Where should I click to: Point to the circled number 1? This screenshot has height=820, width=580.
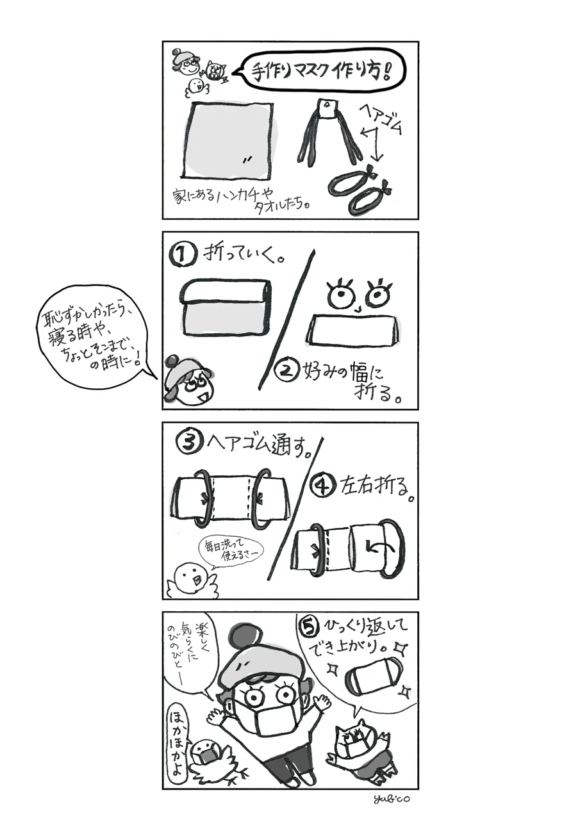[x=181, y=256]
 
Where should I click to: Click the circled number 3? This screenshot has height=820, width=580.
[x=188, y=443]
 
